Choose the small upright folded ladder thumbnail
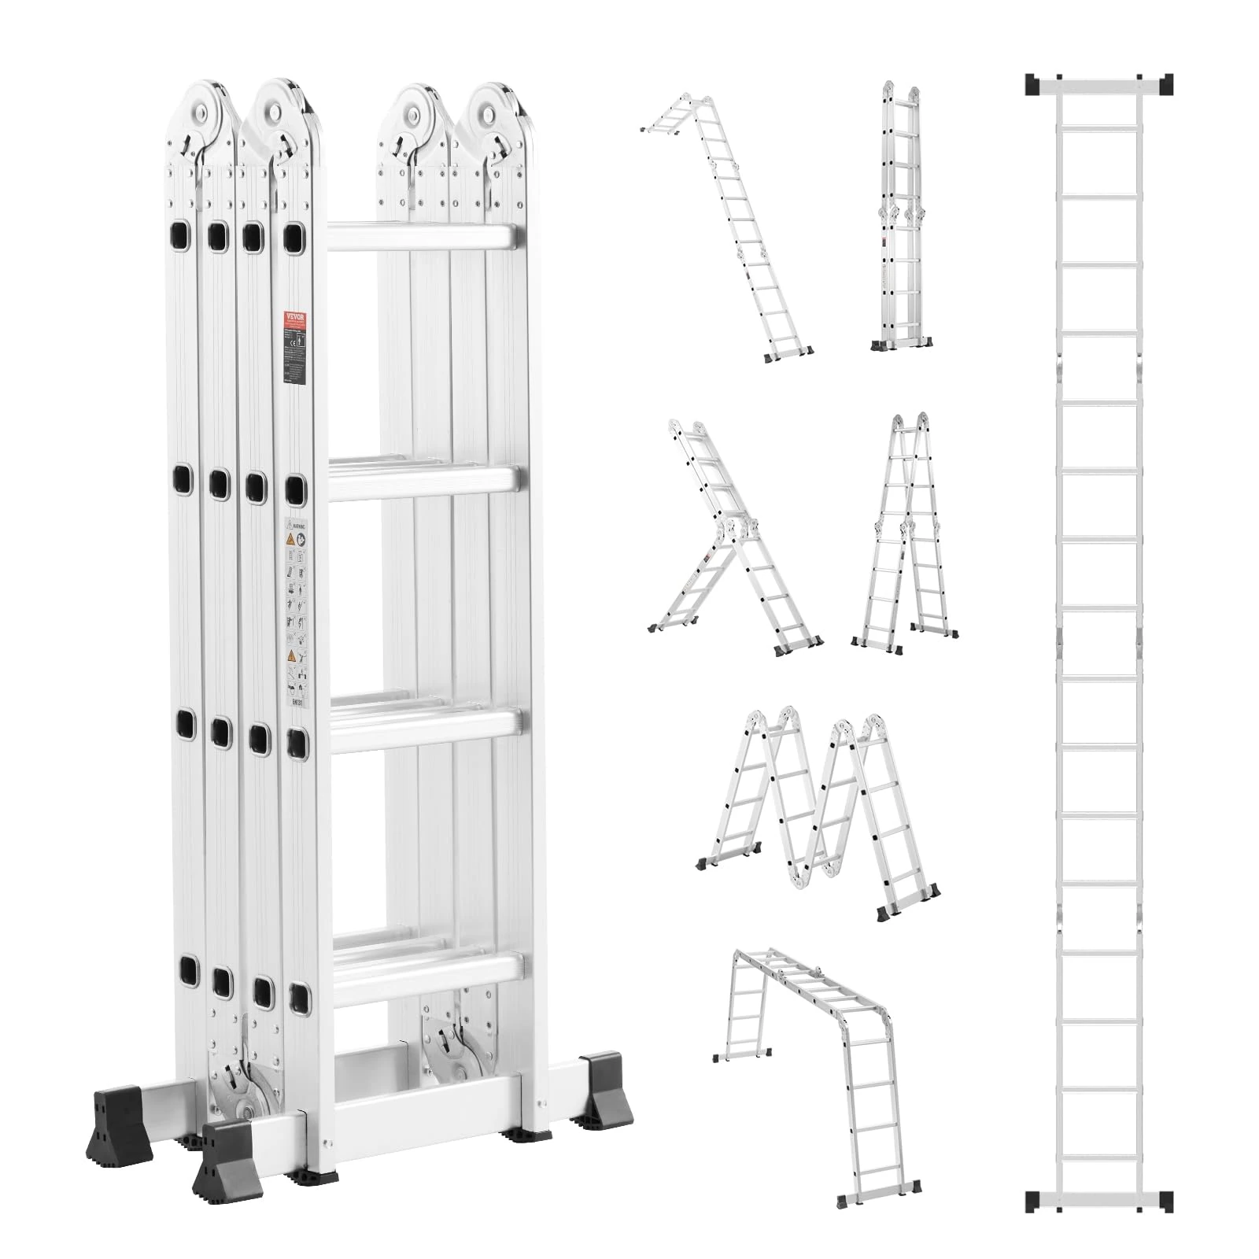pyautogui.click(x=902, y=216)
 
